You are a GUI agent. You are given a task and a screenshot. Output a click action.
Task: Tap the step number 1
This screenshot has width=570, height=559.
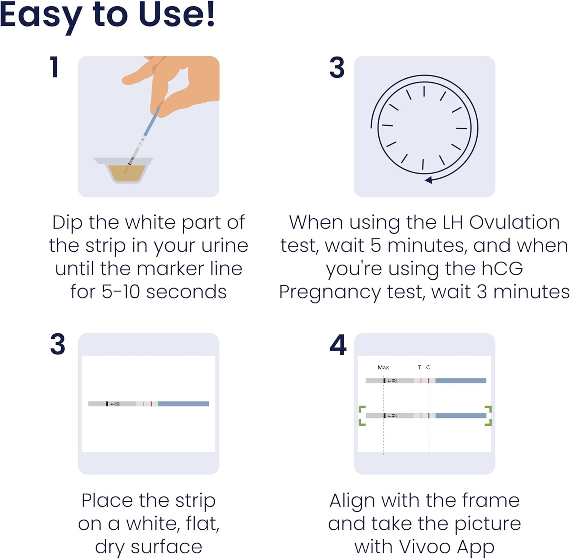pos(55,67)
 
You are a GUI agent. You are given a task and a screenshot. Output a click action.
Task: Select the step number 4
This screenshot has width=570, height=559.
pos(338,345)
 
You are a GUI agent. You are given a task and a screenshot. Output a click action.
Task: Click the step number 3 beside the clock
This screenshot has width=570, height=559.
pos(337,68)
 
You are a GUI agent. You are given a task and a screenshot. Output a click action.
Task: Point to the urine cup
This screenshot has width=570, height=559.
pos(123,170)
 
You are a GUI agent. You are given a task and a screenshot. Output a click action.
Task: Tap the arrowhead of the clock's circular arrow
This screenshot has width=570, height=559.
pos(428,180)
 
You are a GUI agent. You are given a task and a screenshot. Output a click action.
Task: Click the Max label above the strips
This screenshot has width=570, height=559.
pos(383,367)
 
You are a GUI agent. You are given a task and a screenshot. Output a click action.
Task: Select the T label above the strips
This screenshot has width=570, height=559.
pos(420,367)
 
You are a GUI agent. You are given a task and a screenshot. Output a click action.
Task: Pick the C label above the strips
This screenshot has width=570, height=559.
pos(428,367)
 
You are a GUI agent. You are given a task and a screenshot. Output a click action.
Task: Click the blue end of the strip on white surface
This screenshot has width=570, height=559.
pos(184,404)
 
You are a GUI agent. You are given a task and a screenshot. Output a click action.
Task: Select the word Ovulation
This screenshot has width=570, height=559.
pos(514,222)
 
